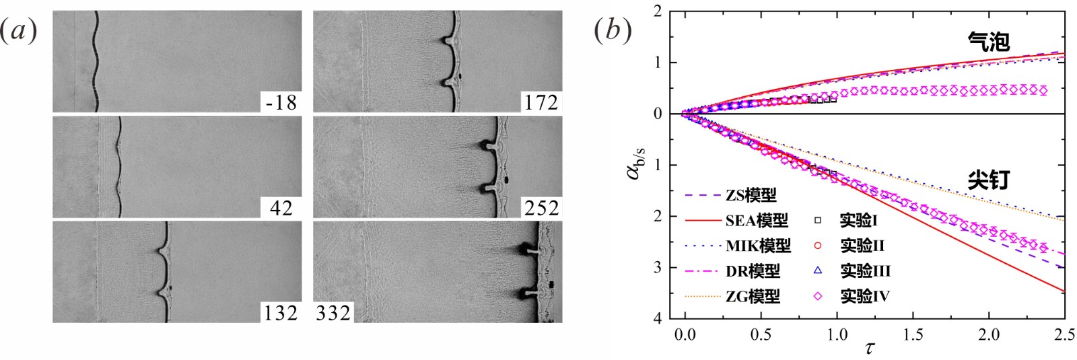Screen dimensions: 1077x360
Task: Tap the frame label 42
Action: pos(281,208)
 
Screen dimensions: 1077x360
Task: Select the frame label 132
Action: pos(281,314)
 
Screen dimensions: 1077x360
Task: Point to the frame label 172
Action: pos(541,102)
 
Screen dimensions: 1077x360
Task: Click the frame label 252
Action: pos(541,208)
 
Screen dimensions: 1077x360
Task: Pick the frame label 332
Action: pos(333,314)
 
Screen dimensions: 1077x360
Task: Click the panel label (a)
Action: pos(18,31)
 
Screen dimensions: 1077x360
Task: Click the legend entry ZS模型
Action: pos(751,195)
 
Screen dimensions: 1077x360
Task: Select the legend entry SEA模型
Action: pos(757,221)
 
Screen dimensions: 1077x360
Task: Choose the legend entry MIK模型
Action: pos(758,246)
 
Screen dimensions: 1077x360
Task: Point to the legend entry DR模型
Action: pos(753,271)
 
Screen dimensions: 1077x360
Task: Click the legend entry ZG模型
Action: pos(753,296)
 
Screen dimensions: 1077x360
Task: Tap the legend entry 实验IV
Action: pos(865,296)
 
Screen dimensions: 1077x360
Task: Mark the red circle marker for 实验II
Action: pos(817,246)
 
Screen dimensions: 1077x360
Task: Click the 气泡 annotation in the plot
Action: pos(989,41)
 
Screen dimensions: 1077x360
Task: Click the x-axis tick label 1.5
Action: pos(913,334)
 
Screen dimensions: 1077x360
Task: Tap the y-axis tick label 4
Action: pos(658,318)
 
